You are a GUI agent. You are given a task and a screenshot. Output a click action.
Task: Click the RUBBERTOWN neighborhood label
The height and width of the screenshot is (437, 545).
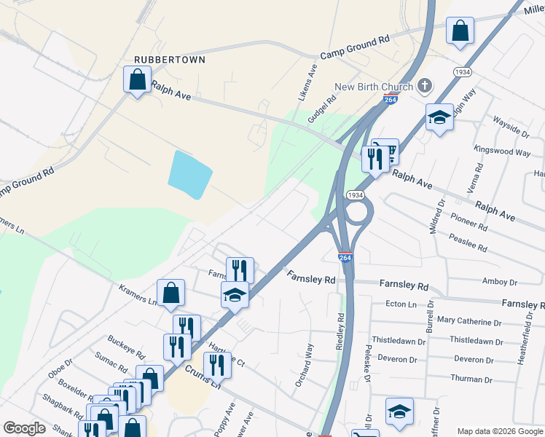[x=170, y=59]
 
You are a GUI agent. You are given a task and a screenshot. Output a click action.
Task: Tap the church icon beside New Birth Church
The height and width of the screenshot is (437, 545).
[x=425, y=87]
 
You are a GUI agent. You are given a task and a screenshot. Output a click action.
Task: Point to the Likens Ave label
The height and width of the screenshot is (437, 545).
[x=313, y=81]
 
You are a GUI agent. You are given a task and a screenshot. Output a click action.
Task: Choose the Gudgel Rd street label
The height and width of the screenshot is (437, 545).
[x=326, y=109]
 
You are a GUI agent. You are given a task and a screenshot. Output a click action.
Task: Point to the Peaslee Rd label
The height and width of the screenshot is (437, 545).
[x=468, y=243]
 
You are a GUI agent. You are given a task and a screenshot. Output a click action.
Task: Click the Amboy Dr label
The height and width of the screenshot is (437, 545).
[x=499, y=282]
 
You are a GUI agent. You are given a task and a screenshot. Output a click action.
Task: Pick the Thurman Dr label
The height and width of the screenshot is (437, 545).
[x=472, y=379]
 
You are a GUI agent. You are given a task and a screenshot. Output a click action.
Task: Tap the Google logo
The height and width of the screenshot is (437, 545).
[x=24, y=428]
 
